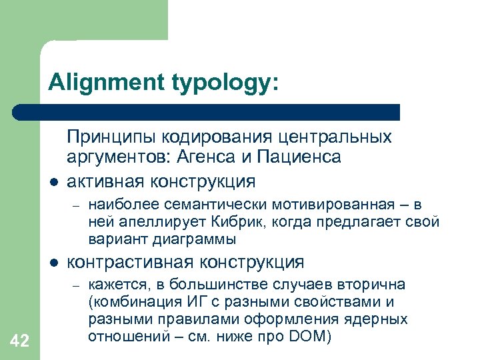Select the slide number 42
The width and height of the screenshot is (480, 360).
[20, 342]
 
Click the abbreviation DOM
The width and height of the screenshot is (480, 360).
[307, 335]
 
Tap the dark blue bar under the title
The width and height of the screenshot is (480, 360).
[207, 111]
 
